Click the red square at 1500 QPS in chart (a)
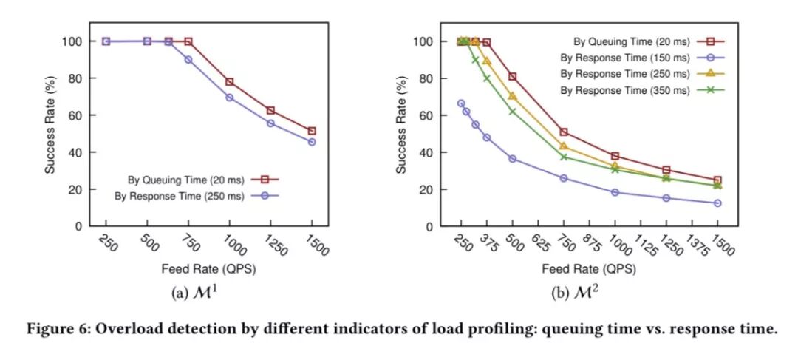pos(311,131)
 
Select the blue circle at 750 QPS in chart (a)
pos(188,59)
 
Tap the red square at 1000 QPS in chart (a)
pos(229,82)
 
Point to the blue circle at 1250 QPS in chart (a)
pos(270,123)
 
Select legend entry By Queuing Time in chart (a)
pos(181,178)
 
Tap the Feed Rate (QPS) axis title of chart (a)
pos(208,268)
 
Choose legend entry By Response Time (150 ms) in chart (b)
pos(624,58)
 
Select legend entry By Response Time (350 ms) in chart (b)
pos(624,90)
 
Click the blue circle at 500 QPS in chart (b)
pos(512,159)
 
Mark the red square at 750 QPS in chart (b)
pos(564,132)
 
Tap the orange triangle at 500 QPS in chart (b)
pos(512,96)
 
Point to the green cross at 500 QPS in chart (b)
pos(512,112)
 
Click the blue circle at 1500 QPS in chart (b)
pos(717,203)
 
